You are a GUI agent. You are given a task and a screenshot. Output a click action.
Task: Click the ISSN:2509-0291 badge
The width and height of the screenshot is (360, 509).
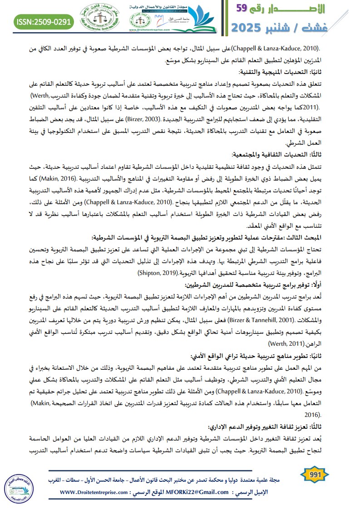(x=44, y=21)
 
